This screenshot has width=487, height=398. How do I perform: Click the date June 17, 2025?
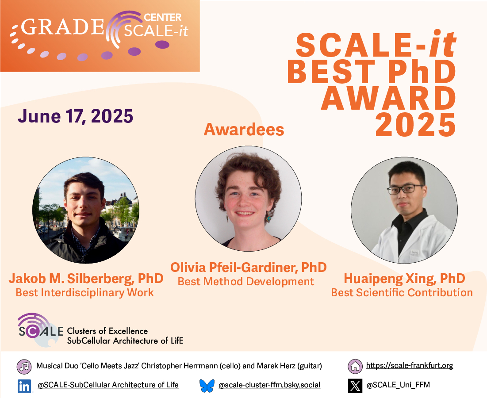(x=76, y=116)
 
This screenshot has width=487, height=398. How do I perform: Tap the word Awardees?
(x=244, y=130)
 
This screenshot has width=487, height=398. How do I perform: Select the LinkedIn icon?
(x=24, y=386)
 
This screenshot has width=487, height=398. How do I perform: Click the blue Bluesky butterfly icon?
(x=207, y=386)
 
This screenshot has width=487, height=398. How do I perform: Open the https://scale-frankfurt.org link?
(x=409, y=365)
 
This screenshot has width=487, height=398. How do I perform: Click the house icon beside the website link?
(x=355, y=366)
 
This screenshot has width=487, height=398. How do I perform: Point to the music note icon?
(x=24, y=367)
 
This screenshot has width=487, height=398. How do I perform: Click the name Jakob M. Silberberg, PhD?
(x=86, y=279)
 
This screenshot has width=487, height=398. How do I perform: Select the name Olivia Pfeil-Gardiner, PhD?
(x=249, y=267)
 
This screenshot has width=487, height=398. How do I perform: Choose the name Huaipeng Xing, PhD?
(x=404, y=279)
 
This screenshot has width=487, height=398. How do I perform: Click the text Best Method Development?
(x=245, y=281)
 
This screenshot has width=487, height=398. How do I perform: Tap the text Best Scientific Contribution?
(x=402, y=292)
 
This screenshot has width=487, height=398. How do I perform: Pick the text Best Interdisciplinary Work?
(x=85, y=292)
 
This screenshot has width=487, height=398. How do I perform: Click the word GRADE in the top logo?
(x=62, y=27)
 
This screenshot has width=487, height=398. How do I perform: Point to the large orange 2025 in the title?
(x=416, y=125)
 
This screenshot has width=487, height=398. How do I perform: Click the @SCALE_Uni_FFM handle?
(x=398, y=385)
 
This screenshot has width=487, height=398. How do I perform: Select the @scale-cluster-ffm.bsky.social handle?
(x=269, y=385)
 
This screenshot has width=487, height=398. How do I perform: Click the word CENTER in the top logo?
(x=163, y=17)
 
